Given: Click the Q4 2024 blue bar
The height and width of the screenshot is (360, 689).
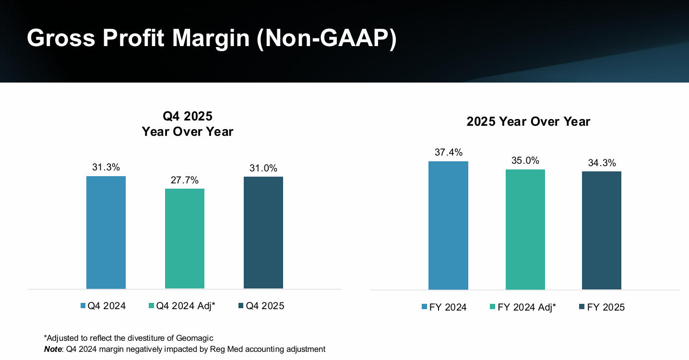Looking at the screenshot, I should pyautogui.click(x=106, y=232).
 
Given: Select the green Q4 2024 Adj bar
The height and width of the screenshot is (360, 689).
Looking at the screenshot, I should pyautogui.click(x=185, y=239).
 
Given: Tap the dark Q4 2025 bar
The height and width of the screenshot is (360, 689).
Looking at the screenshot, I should pyautogui.click(x=263, y=233).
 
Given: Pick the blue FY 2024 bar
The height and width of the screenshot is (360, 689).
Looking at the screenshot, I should pyautogui.click(x=448, y=225).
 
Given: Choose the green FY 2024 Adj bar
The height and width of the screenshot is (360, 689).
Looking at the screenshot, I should pyautogui.click(x=525, y=229).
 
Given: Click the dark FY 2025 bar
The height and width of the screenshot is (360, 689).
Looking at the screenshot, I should pyautogui.click(x=602, y=230).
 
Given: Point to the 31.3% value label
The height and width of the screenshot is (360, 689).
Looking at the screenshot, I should pyautogui.click(x=106, y=168).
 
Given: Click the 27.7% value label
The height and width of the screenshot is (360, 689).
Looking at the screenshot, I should pyautogui.click(x=185, y=180).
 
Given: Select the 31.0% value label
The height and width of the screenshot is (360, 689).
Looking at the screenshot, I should pyautogui.click(x=263, y=168).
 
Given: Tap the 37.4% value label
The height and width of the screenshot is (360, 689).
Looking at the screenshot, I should pyautogui.click(x=449, y=153).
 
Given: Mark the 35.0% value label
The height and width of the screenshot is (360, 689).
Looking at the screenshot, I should pyautogui.click(x=525, y=161).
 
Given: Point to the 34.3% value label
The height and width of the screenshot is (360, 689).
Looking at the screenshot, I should pyautogui.click(x=602, y=163).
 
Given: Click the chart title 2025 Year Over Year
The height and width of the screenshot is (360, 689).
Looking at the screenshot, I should pyautogui.click(x=528, y=122).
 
